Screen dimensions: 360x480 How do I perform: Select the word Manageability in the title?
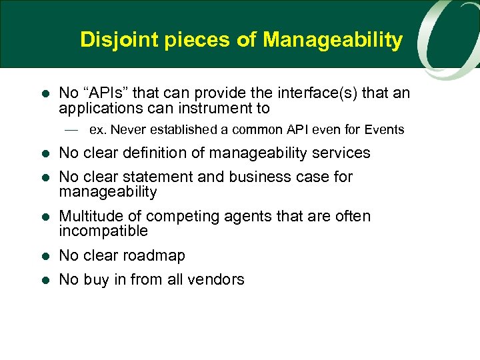pyautogui.click(x=333, y=40)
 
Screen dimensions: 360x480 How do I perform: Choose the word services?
pyautogui.click(x=338, y=153)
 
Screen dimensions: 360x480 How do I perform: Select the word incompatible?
pyautogui.click(x=103, y=231)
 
